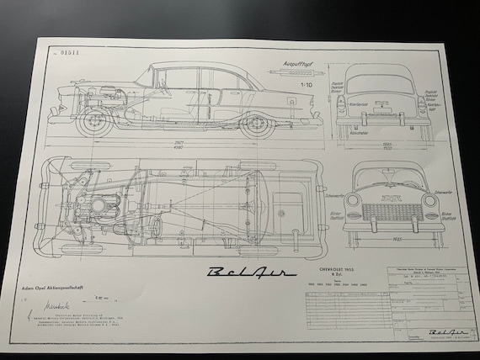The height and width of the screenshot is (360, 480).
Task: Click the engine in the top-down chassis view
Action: coord(104,204)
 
